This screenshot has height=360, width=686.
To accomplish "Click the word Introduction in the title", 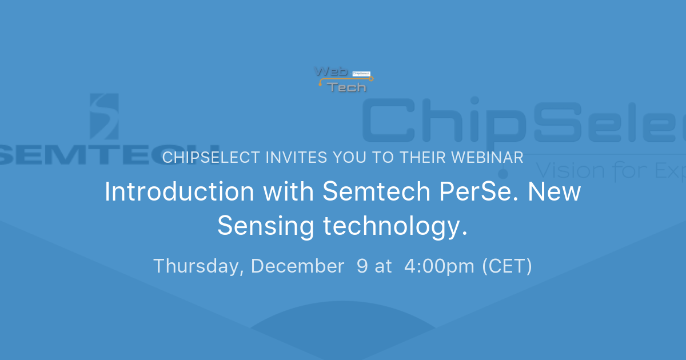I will (x=179, y=192).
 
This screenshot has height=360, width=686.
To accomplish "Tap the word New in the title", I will (x=554, y=192).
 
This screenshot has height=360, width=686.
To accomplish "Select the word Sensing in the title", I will (x=266, y=226).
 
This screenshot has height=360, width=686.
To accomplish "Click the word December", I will (x=297, y=266).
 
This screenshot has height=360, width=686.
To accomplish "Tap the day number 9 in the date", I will (x=362, y=266).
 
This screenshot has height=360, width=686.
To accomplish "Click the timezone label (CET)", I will (x=507, y=266).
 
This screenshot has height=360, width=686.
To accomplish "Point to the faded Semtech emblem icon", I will (x=105, y=117).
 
